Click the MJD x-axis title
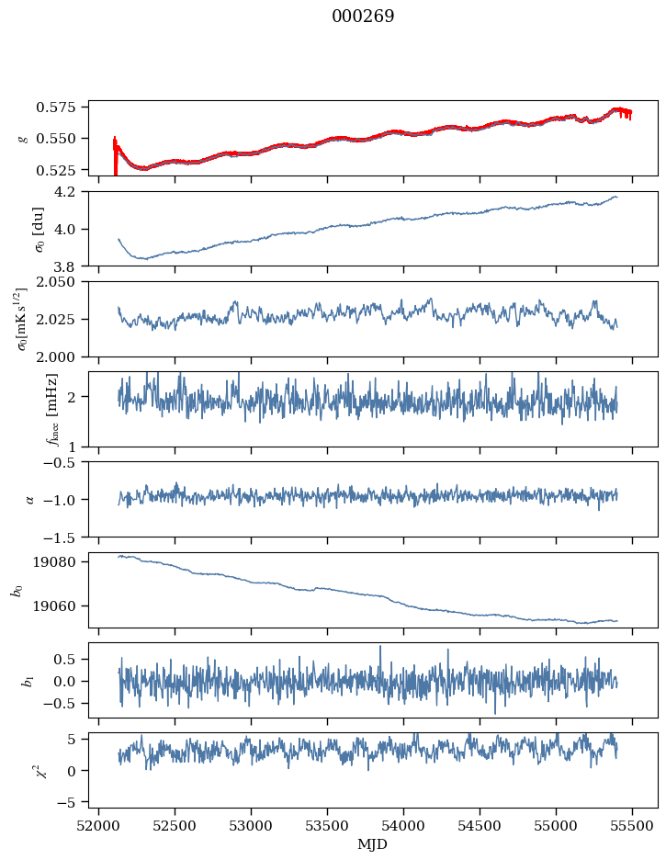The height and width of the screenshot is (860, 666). coord(373,844)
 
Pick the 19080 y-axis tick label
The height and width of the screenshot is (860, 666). coord(64,561)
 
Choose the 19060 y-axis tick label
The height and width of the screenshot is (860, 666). coord(64,606)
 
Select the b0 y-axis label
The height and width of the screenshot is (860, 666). coord(17,590)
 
